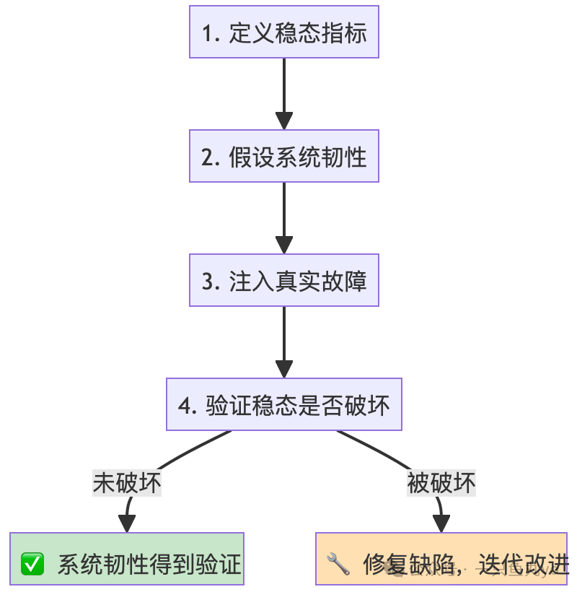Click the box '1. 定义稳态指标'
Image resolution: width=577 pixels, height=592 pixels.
tap(283, 32)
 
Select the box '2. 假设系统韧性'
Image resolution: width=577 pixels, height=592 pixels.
tap(283, 157)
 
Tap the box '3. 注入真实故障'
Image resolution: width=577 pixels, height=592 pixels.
tap(283, 281)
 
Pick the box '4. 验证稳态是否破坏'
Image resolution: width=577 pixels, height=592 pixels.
tap(283, 405)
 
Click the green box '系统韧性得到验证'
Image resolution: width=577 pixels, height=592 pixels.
tap(127, 559)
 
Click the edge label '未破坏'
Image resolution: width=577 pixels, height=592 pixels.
tap(127, 482)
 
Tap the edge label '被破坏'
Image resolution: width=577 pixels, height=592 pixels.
tap(441, 482)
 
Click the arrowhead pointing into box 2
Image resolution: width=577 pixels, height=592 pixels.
tap(283, 121)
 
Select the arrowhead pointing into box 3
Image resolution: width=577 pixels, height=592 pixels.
tap(283, 245)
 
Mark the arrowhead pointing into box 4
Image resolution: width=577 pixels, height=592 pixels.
tap(283, 369)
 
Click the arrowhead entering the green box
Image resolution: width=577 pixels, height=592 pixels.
tap(127, 525)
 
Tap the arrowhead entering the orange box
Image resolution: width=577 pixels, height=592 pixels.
tap(441, 525)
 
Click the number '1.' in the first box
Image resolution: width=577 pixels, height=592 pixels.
tap(211, 33)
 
